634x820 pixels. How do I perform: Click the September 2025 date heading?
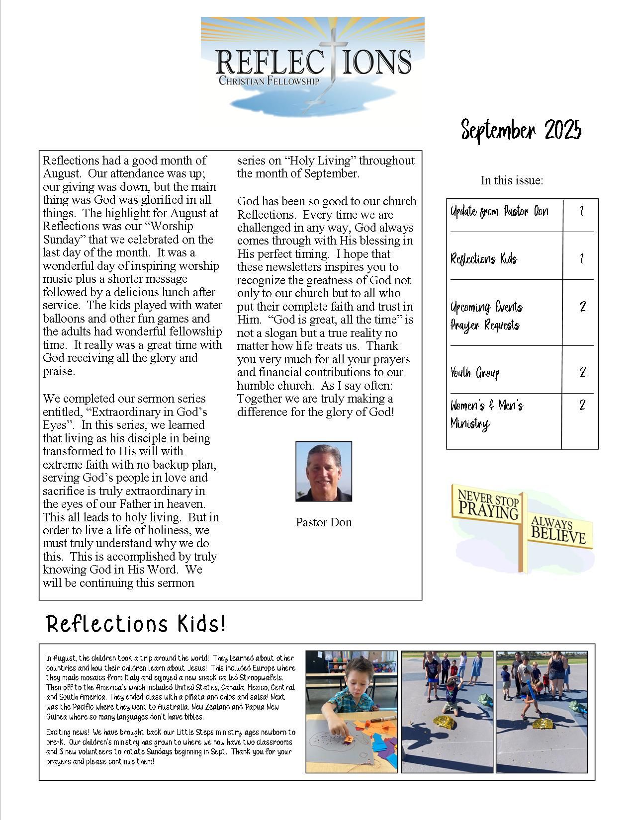tap(521, 130)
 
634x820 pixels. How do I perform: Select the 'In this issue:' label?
tap(512, 180)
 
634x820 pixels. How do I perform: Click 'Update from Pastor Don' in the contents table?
tap(499, 212)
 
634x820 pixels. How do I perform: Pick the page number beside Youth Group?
tap(582, 372)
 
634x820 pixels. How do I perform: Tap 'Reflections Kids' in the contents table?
tap(483, 259)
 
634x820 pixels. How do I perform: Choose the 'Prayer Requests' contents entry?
tap(485, 326)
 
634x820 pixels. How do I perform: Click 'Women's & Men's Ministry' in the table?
tap(486, 414)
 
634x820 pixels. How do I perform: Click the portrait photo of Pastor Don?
tap(324, 472)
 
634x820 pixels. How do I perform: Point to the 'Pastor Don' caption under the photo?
tap(324, 522)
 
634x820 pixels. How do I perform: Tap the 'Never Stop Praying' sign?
tap(488, 504)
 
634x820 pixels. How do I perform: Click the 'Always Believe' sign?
tap(558, 531)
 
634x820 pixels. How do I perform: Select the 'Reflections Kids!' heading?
tap(136, 624)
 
